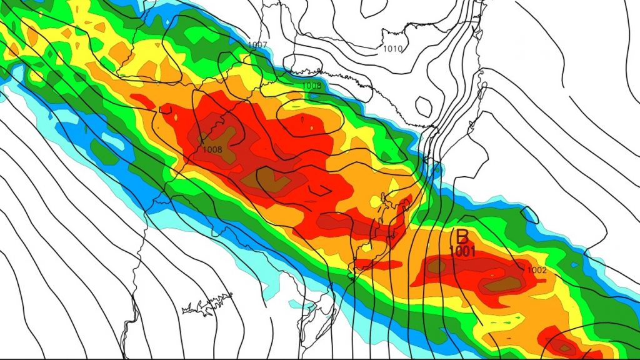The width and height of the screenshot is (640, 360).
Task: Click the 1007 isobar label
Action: pyautogui.click(x=257, y=46)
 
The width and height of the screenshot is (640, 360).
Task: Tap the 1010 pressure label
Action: pyautogui.click(x=392, y=49)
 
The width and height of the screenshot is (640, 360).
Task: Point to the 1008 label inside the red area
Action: pyautogui.click(x=212, y=150)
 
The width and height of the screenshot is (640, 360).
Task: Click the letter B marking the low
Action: pyautogui.click(x=462, y=236)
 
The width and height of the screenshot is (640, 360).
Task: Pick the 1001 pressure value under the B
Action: pyautogui.click(x=463, y=252)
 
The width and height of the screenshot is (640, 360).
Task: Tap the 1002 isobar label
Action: pyautogui.click(x=537, y=270)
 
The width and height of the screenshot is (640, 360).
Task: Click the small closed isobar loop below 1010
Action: pyautogui.click(x=425, y=106)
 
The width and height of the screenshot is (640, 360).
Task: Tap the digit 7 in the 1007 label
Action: pyautogui.click(x=265, y=46)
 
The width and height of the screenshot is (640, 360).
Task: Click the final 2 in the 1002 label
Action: pyautogui.click(x=544, y=270)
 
